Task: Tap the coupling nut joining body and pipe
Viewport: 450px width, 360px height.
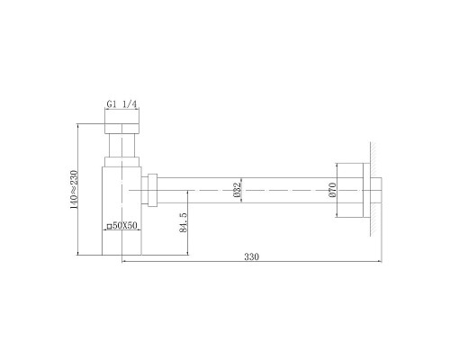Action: coord(154,191)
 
